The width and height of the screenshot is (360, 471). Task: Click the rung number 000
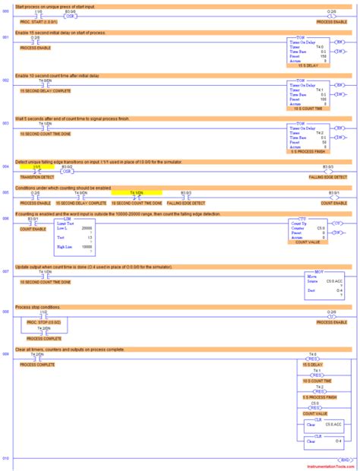(x=6, y=12)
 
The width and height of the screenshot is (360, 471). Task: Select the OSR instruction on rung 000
(x=70, y=17)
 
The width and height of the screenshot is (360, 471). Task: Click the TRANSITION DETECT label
(x=34, y=176)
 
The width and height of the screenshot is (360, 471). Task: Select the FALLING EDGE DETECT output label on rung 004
(x=329, y=176)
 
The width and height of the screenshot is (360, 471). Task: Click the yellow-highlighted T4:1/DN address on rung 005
(x=136, y=194)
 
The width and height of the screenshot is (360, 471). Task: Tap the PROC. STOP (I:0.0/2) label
(x=43, y=322)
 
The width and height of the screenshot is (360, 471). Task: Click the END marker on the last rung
(x=345, y=459)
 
